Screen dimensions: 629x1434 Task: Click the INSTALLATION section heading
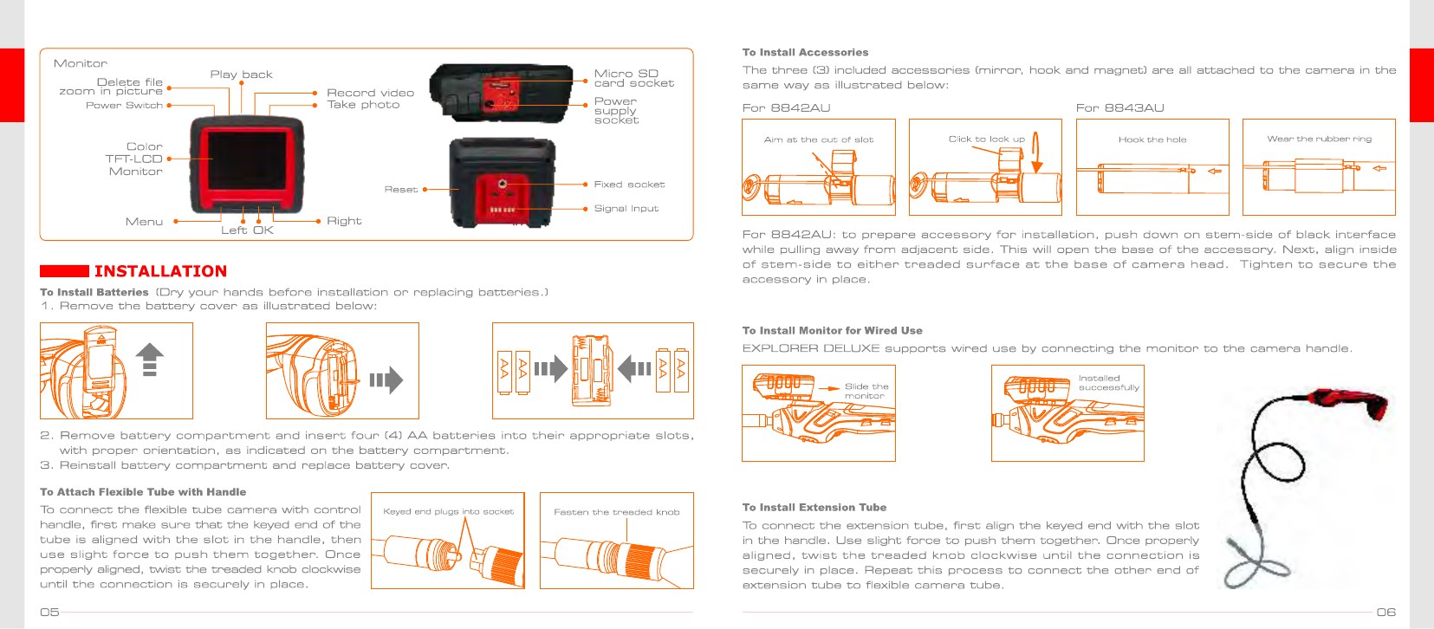(x=160, y=271)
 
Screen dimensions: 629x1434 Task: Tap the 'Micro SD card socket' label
(x=633, y=78)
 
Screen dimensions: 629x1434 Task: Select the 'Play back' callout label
(x=241, y=75)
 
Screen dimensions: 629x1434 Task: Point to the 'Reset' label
(x=400, y=189)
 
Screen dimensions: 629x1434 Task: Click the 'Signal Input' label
(x=626, y=209)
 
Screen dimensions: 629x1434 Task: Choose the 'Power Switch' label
(x=124, y=106)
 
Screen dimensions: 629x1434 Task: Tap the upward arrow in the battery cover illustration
(x=150, y=358)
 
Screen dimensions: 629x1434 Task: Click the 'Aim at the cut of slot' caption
(x=818, y=139)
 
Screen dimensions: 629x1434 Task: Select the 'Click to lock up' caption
(x=986, y=139)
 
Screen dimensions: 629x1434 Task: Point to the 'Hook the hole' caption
(x=1152, y=139)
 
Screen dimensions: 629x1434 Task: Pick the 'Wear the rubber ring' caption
(x=1319, y=139)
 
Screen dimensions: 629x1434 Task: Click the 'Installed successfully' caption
(x=1108, y=383)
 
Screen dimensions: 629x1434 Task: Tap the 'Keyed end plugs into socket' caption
(x=448, y=512)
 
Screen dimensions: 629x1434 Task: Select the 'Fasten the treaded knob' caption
(x=616, y=512)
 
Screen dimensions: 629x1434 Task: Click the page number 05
(x=49, y=612)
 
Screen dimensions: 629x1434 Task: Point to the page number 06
(x=1385, y=612)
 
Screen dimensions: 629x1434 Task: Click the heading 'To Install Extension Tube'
(x=814, y=508)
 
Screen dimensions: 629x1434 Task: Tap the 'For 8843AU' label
(x=1119, y=108)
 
